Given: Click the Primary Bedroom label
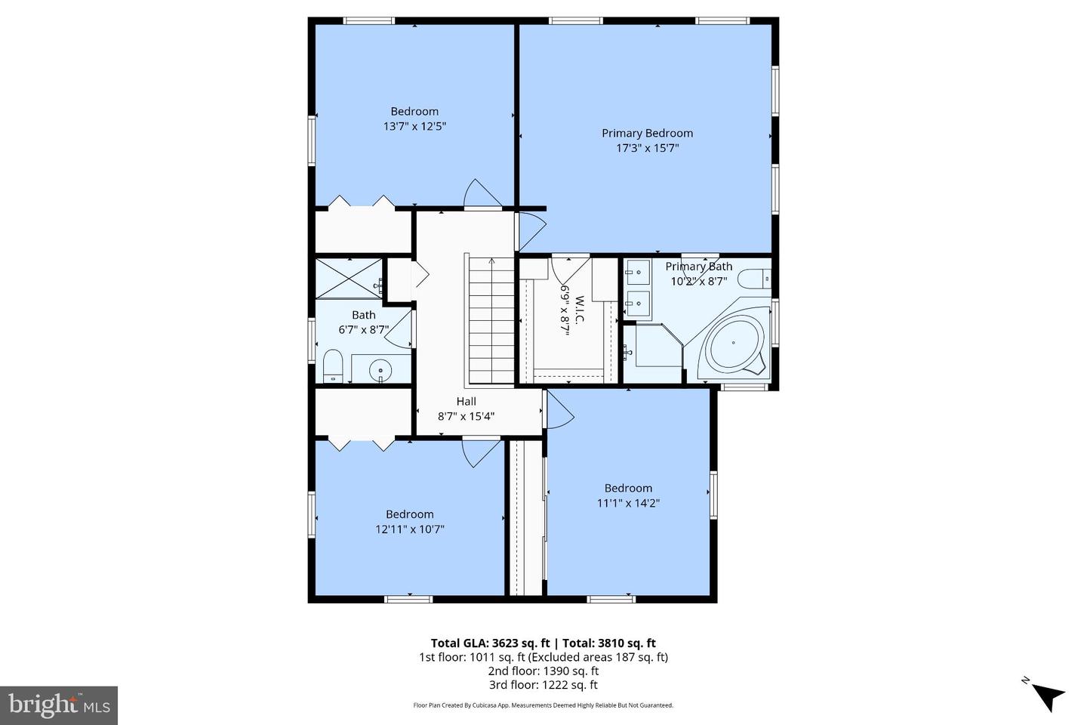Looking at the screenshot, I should pyautogui.click(x=647, y=133).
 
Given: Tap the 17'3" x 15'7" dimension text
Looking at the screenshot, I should pyautogui.click(x=647, y=149).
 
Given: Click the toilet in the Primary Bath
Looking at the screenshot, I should pyautogui.click(x=753, y=279).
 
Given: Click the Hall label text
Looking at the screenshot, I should pyautogui.click(x=466, y=402).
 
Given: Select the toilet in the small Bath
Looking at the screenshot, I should pyautogui.click(x=333, y=367).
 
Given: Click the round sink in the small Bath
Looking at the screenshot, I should pyautogui.click(x=381, y=370).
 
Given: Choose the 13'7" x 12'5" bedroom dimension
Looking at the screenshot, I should pyautogui.click(x=414, y=127).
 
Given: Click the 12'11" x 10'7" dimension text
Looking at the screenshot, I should pyautogui.click(x=409, y=529).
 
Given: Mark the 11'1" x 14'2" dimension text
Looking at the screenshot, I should pyautogui.click(x=627, y=503).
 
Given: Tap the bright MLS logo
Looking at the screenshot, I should pyautogui.click(x=58, y=705).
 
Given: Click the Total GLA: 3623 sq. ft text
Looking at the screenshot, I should pyautogui.click(x=491, y=643).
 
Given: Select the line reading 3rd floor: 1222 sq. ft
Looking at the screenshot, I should pyautogui.click(x=543, y=685).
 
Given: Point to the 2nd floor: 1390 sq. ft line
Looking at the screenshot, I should pyautogui.click(x=543, y=671).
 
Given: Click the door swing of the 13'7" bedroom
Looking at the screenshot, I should pyautogui.click(x=484, y=193).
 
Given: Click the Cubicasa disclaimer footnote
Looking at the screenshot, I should pyautogui.click(x=543, y=705).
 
